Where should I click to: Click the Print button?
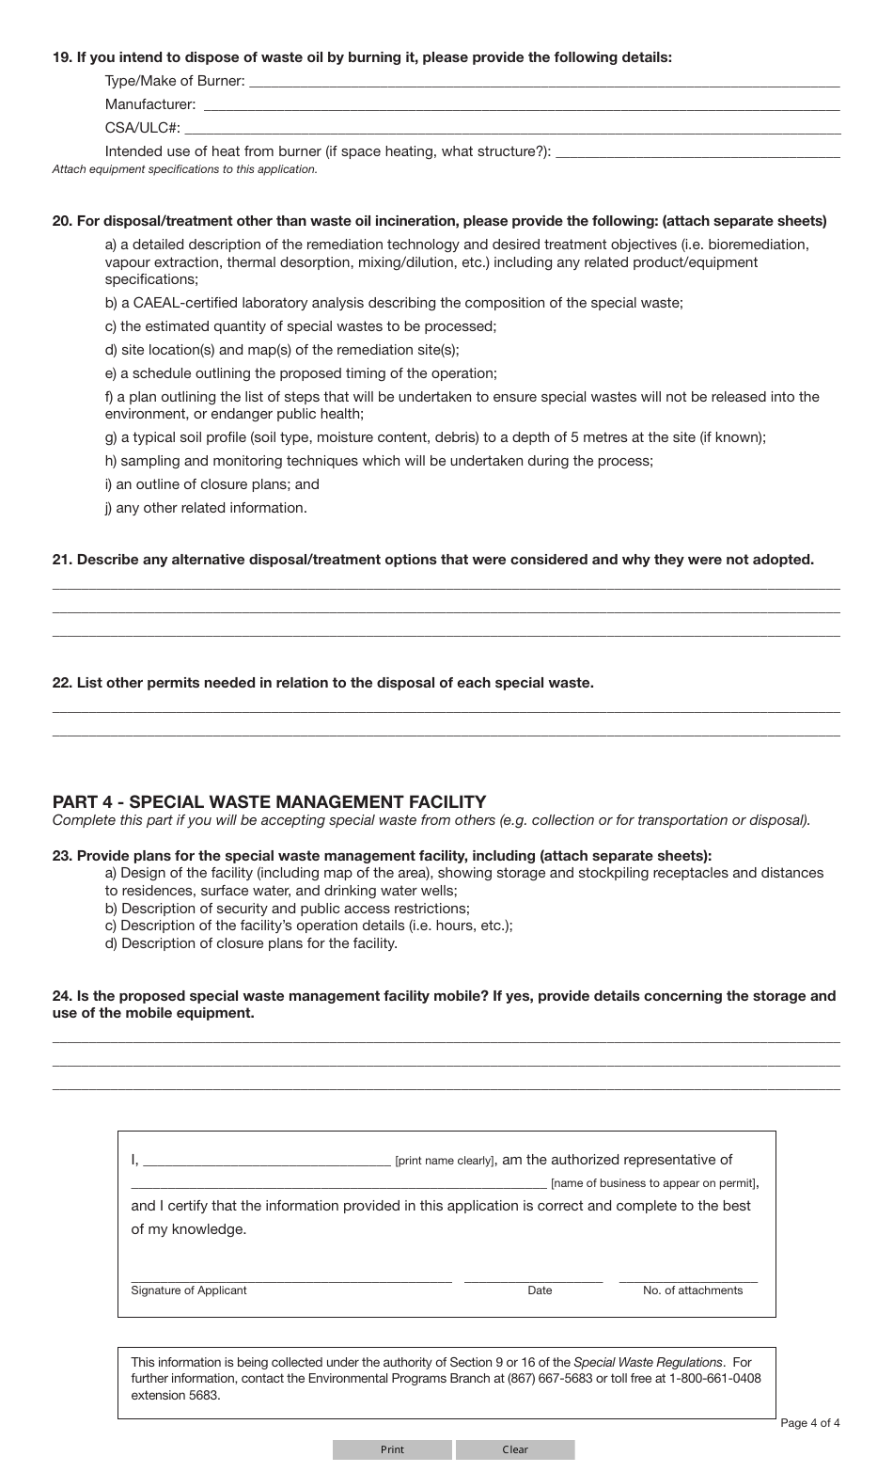[392, 1449]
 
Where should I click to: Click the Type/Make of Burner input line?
[545, 82]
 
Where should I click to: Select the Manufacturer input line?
[521, 105]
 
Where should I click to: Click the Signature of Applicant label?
[189, 1290]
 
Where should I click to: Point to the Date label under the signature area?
[540, 1290]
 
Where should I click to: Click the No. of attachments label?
[693, 1290]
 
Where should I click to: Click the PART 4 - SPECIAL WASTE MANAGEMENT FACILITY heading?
[269, 802]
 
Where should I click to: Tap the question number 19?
[61, 57]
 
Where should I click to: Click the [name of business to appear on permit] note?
[653, 1184]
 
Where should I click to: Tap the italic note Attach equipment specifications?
[184, 170]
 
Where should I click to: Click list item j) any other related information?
[206, 508]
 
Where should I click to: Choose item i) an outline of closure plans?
[211, 484]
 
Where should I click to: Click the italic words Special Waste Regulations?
[648, 1362]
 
